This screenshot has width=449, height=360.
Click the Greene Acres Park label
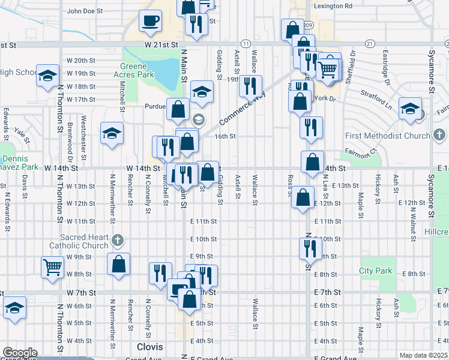pyautogui.click(x=138, y=71)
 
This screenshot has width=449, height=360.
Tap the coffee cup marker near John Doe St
pyautogui.click(x=150, y=22)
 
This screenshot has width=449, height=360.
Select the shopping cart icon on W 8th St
pyautogui.click(x=52, y=267)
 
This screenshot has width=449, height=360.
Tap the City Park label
pyautogui.click(x=376, y=271)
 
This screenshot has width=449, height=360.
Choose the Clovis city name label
pyautogui.click(x=150, y=347)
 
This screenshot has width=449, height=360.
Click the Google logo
pyautogui.click(x=19, y=353)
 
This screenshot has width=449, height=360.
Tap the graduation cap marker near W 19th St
pyautogui.click(x=48, y=76)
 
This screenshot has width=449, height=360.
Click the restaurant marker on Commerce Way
pyautogui.click(x=250, y=86)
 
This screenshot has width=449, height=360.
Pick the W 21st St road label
pyautogui.click(x=161, y=45)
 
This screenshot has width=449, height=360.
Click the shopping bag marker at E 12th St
pyautogui.click(x=303, y=197)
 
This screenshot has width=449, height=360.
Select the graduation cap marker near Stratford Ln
pyautogui.click(x=411, y=110)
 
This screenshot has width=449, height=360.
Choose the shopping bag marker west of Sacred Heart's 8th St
pyautogui.click(x=119, y=265)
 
